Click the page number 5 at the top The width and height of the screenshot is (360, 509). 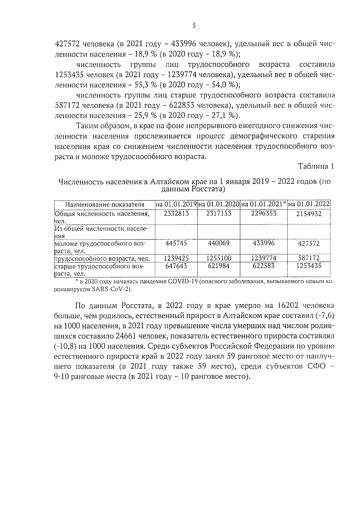pos(194,26)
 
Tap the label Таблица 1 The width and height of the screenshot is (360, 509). pos(316,167)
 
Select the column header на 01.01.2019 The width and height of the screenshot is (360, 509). pos(176,205)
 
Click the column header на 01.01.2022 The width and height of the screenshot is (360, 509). pos(309,205)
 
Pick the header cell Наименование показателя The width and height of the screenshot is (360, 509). pos(105,205)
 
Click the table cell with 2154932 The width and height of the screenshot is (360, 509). pos(309,214)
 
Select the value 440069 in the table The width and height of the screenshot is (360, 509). pos(219,243)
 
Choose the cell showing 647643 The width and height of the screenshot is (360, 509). pos(176,266)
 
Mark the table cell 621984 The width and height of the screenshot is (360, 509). pos(219,266)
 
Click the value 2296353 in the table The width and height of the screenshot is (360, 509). pos(263,213)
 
